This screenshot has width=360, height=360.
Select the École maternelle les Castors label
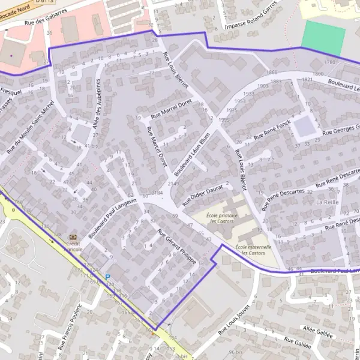tap(253, 249)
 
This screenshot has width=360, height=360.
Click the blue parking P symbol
tap(108, 277)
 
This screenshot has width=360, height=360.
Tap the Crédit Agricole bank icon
tap(74, 238)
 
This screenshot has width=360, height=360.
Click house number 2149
tap(173, 183)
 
